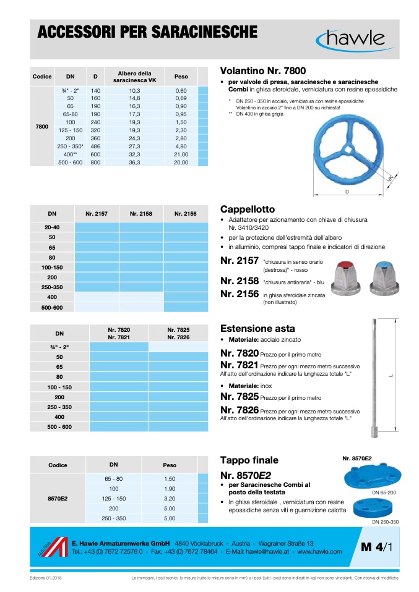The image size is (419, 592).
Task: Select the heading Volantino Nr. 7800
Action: pos(263,71)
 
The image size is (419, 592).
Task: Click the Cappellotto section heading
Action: pos(248,209)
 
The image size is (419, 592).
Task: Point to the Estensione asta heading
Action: pos(257,329)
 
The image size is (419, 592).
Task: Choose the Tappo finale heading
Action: pos(249,460)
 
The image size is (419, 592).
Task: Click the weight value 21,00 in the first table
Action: pos(181,154)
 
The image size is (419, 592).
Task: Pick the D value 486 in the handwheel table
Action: pos(95,146)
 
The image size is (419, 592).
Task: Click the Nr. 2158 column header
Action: pos(142,213)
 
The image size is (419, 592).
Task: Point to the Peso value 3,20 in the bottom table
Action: pos(170,498)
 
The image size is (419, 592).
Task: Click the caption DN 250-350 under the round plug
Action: pos(385,522)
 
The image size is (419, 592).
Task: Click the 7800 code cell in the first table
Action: pos(42,126)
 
